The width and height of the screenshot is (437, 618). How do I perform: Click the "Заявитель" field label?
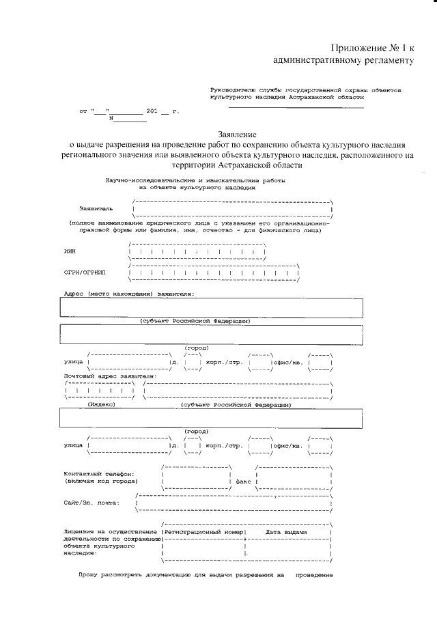[x=97, y=208]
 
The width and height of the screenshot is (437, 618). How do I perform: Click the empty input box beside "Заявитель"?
[x=232, y=208]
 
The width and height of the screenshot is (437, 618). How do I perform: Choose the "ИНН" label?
[x=70, y=251]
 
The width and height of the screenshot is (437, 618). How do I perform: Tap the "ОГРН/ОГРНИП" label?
[x=85, y=273]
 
